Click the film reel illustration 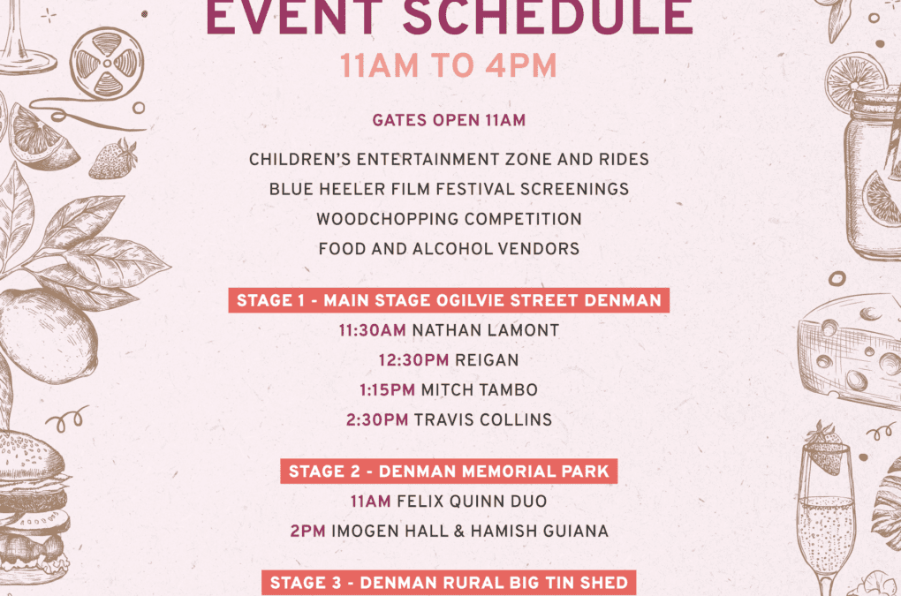point(107,64)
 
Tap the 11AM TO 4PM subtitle point(448,65)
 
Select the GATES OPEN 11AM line point(449,121)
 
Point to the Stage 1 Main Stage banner point(449,300)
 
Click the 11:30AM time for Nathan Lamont point(373,330)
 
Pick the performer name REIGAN point(487,360)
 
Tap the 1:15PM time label point(387,390)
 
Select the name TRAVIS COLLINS point(482,419)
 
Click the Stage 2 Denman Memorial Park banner point(449,472)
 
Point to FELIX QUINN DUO point(472,502)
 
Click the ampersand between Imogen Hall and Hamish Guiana point(458,532)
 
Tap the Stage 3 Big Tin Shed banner point(449,583)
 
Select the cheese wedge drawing point(851,351)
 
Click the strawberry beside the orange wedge point(113,159)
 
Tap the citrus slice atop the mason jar point(855,78)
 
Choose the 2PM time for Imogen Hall point(308,532)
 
